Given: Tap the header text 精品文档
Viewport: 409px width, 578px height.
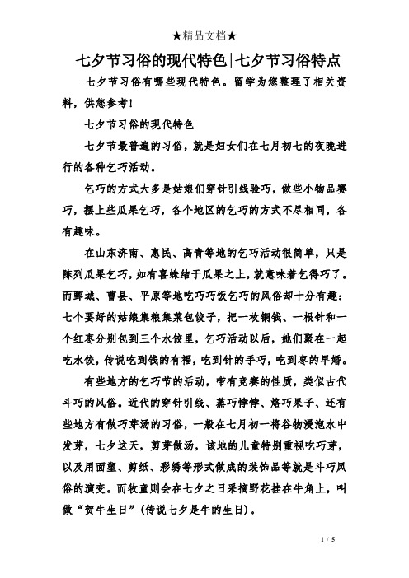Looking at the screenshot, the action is pyautogui.click(x=204, y=12).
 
